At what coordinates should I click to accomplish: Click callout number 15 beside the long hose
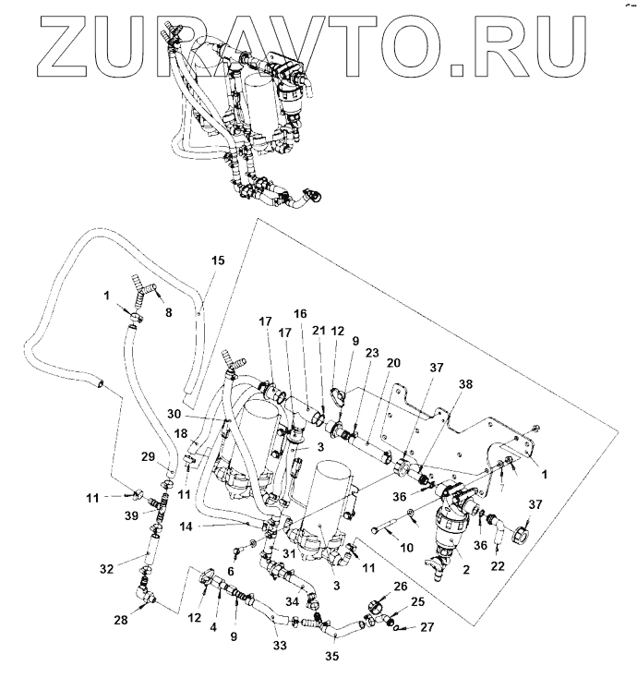tap(218, 260)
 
